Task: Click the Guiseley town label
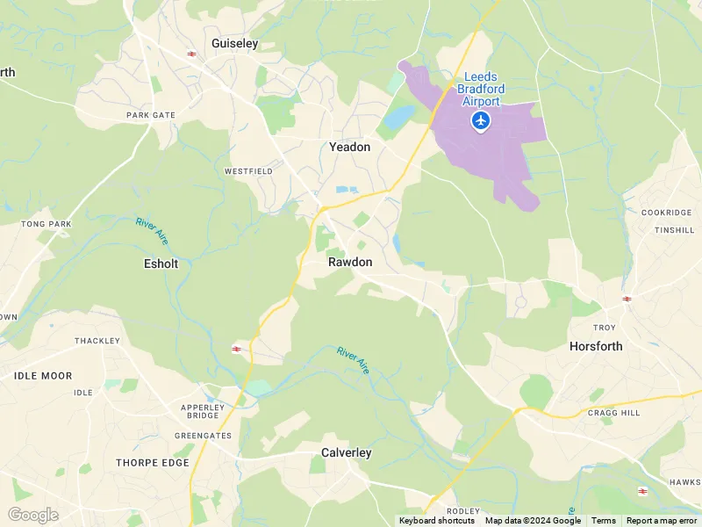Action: (x=233, y=42)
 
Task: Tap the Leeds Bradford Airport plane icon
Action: (x=480, y=119)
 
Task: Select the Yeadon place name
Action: (x=349, y=147)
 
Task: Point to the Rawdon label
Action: (x=350, y=262)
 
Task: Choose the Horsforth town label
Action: (x=596, y=346)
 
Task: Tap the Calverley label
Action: (x=346, y=452)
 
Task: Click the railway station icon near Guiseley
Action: (x=191, y=54)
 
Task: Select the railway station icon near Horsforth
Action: (x=627, y=300)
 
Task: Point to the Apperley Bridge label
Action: (x=200, y=412)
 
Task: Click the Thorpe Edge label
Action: (x=153, y=462)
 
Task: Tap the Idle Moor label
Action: (x=43, y=375)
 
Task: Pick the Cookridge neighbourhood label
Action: (x=668, y=213)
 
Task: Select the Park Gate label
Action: (x=151, y=115)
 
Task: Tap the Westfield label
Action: (x=248, y=170)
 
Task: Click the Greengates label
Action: (x=203, y=435)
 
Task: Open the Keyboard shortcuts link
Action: (x=437, y=521)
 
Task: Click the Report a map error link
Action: (x=661, y=521)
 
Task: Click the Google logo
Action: (x=32, y=515)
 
